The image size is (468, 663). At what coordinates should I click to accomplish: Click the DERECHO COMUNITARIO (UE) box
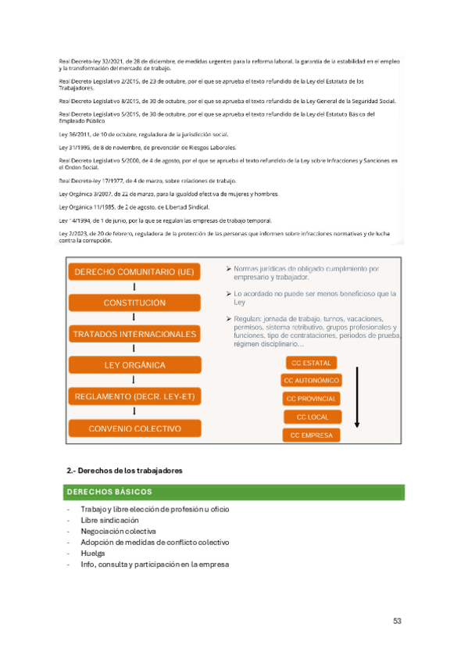point(134,272)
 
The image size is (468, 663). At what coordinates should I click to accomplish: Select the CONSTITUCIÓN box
point(134,303)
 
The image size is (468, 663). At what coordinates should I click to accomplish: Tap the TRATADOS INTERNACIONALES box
point(134,334)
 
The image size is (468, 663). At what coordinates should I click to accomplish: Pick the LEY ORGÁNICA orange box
point(134,365)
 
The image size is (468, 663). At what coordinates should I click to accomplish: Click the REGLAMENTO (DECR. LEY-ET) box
point(134,396)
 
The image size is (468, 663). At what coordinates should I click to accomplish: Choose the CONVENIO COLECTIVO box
point(134,428)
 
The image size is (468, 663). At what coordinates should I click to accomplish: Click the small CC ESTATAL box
point(311,363)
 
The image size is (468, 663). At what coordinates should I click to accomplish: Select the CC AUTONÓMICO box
point(311,381)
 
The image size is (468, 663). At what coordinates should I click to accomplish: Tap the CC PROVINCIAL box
point(311,399)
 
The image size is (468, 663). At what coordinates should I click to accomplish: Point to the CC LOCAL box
point(311,417)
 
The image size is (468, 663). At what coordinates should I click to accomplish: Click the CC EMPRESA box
point(311,435)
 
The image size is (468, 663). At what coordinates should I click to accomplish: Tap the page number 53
point(398,622)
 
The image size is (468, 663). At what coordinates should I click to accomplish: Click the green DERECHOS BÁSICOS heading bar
point(234,493)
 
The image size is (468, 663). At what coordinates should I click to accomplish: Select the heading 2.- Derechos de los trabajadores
point(125,471)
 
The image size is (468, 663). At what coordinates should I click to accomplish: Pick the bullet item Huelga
point(92,553)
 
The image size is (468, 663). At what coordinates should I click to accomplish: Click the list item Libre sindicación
point(109,520)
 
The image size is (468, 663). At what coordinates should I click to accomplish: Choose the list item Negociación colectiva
point(113,531)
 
